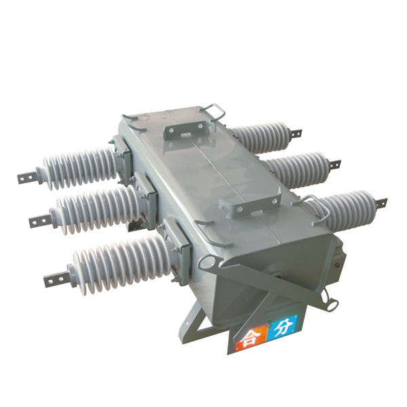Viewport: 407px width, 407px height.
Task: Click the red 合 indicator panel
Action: [251, 337]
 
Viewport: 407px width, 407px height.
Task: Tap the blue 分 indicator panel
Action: [282, 328]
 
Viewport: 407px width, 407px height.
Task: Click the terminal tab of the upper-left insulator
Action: [28, 178]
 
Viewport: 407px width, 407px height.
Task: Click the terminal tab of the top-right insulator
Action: [295, 133]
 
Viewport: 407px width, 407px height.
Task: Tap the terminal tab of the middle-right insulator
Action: [334, 164]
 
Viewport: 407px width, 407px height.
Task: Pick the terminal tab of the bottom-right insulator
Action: [380, 203]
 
